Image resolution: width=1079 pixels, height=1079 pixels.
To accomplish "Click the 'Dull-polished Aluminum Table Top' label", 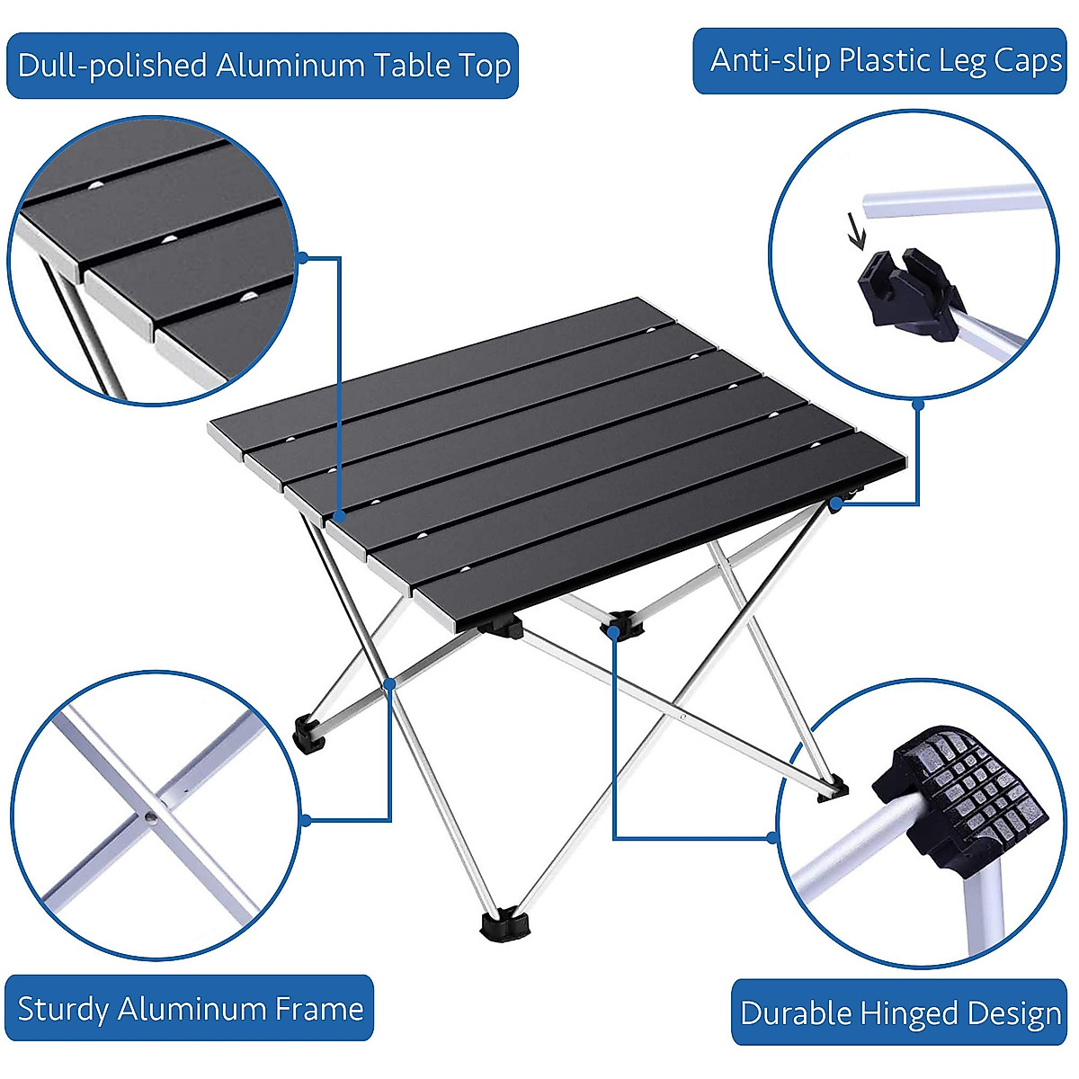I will coord(263,66).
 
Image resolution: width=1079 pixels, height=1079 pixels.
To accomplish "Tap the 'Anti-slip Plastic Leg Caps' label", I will coord(886,61).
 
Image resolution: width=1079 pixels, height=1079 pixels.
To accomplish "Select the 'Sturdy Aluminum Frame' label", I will coord(190,1008).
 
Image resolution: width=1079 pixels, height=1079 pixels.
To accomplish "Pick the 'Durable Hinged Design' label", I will coord(899,1012).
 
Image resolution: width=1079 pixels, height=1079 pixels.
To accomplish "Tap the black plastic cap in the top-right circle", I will coord(904,292).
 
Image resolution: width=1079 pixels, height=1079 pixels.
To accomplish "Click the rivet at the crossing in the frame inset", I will coord(150,817).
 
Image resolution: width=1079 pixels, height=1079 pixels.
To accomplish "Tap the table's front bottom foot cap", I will coord(505,924).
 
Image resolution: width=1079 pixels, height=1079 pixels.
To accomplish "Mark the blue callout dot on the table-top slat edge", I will coord(340,516).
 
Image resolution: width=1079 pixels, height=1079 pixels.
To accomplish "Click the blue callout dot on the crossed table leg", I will coord(390,684).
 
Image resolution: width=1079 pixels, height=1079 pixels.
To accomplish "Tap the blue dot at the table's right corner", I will coord(835,505).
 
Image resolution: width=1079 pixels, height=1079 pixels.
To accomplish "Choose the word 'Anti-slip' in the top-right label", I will coord(770,61).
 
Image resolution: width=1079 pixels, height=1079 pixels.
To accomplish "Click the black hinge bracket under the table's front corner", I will coord(500,626).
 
